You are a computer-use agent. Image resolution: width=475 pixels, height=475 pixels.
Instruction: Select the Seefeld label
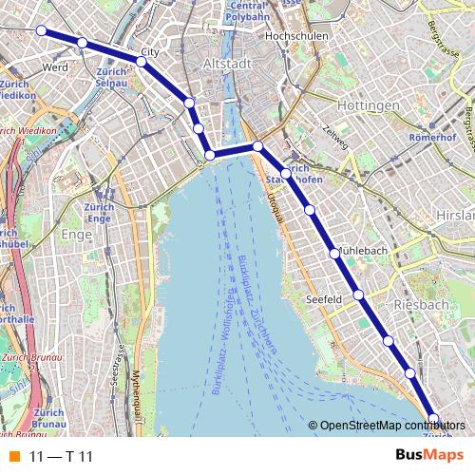[x=324, y=298]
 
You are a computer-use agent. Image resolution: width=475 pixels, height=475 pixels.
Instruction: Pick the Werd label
[x=54, y=68]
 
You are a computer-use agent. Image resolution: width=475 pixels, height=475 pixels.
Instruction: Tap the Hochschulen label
[x=298, y=36]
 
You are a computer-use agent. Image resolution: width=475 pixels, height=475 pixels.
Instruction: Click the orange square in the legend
[x=13, y=457]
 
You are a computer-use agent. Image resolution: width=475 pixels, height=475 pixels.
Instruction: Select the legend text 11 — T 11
[x=61, y=457]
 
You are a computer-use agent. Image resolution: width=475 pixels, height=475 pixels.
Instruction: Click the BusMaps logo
[x=423, y=456]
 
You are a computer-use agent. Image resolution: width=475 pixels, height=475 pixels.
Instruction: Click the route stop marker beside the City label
[x=141, y=62]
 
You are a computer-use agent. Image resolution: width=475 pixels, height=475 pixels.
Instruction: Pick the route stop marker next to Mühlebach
[x=334, y=253]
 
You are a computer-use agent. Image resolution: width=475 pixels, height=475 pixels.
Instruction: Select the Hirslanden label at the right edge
[x=457, y=217]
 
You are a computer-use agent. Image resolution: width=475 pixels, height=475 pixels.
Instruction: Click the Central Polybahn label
[x=246, y=11]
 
